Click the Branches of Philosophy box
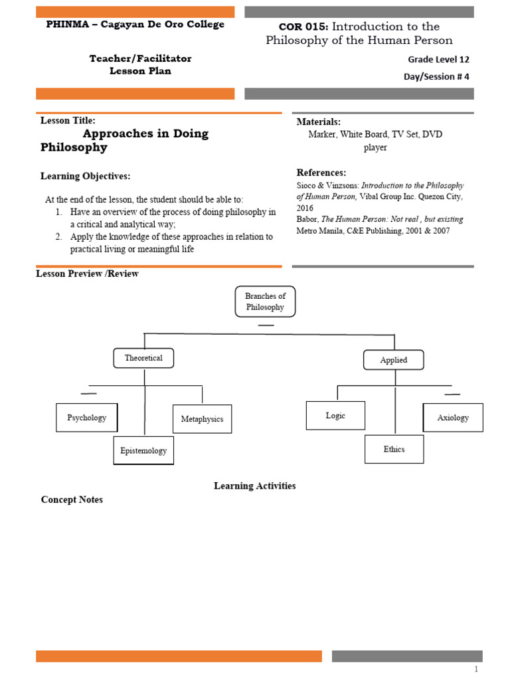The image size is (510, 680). click(x=265, y=301)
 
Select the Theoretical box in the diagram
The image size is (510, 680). click(x=143, y=358)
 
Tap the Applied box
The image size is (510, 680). click(x=394, y=360)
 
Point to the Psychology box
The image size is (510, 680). click(x=87, y=418)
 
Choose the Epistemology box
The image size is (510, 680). click(x=143, y=450)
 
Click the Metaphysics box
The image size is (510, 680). click(x=203, y=419)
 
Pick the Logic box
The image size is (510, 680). click(x=335, y=415)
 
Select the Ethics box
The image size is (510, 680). click(x=394, y=449)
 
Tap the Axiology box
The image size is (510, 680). click(x=453, y=418)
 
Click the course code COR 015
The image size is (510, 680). click(x=304, y=27)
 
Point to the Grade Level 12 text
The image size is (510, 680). click(x=438, y=59)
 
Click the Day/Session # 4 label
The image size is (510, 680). click(x=436, y=76)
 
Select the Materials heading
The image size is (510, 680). click(x=319, y=122)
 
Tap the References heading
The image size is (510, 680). click(x=321, y=173)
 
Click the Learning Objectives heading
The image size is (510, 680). click(x=86, y=176)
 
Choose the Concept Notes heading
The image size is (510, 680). click(x=72, y=499)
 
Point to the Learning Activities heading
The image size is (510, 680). click(x=254, y=485)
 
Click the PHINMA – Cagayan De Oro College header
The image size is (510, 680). click(x=135, y=25)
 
